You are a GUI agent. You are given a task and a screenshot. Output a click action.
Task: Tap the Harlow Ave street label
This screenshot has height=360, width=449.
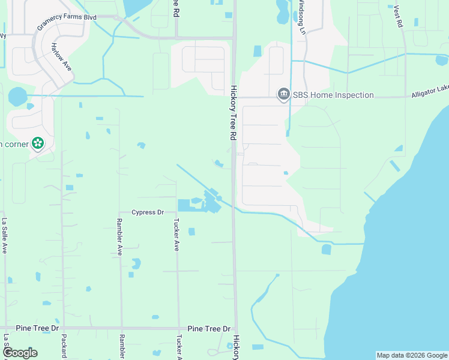tap(61, 58)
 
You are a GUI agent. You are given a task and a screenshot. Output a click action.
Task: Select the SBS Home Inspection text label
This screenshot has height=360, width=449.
tap(333, 95)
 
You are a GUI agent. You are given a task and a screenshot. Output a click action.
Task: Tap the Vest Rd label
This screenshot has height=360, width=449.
tap(399, 16)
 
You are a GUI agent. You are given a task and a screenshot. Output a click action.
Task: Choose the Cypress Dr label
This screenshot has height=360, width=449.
tap(148, 212)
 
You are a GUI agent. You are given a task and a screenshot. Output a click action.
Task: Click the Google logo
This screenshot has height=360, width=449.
tap(19, 353)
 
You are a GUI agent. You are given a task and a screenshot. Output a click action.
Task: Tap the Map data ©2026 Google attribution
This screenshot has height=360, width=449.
tap(411, 355)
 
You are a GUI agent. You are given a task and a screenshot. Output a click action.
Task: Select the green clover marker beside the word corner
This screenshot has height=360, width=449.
tap(38, 143)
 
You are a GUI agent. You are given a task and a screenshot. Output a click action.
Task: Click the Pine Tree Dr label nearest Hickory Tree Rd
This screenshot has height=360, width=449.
tap(209, 329)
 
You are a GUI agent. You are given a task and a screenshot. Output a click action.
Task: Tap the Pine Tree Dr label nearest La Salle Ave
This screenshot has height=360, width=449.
tap(38, 328)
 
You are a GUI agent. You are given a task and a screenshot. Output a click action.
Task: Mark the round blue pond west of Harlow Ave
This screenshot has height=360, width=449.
tap(18, 96)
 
